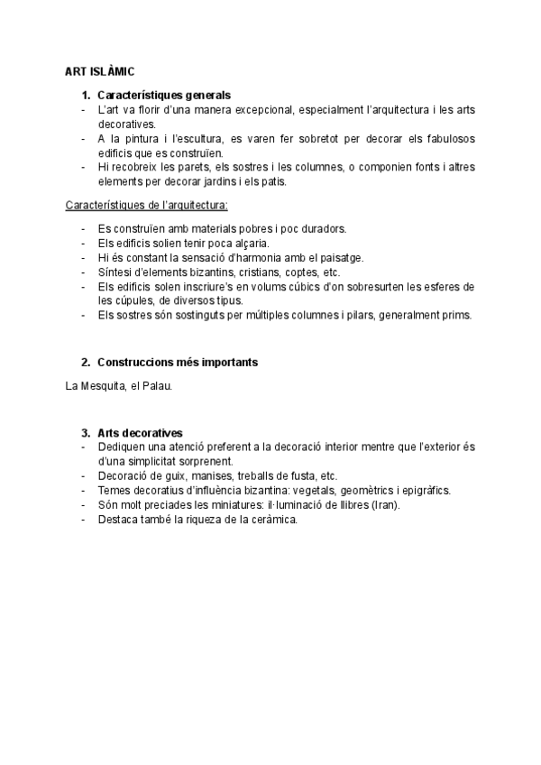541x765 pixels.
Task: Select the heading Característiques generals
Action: pos(163,95)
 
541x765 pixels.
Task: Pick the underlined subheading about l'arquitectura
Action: pos(147,205)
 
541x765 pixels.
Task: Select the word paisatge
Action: pos(334,257)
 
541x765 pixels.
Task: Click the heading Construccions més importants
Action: pos(177,362)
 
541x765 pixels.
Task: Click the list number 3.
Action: pos(85,432)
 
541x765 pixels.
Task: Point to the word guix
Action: pos(169,475)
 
